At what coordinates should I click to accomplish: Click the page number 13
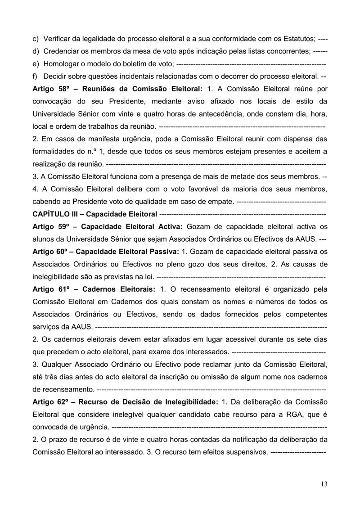click(324, 484)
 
